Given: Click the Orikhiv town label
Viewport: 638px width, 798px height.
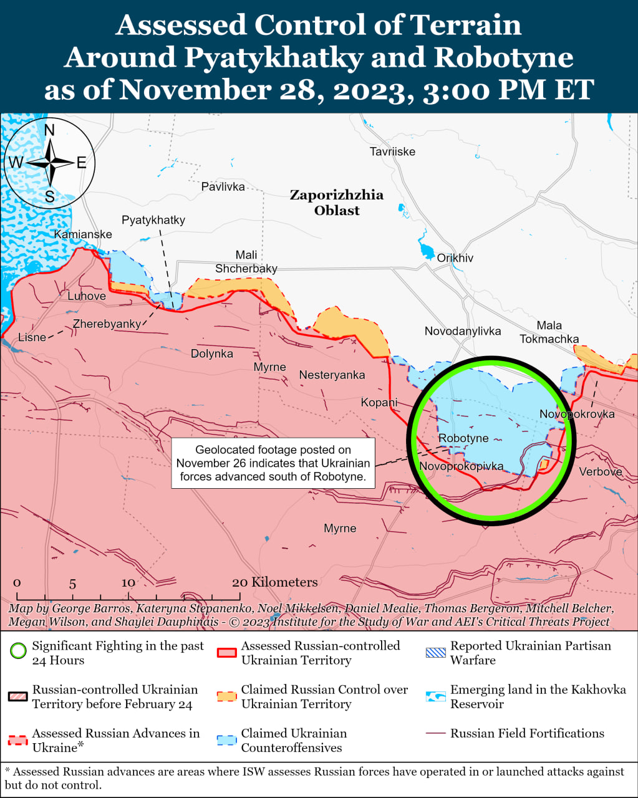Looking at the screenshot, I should coord(455,258).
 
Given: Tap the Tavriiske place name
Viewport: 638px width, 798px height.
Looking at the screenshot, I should coord(392,151).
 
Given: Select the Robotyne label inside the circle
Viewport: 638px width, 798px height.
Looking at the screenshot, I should coord(463,438).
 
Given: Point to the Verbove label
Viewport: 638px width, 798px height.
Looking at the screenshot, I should coord(600,472).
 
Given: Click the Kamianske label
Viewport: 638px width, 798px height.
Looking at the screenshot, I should coord(83,234).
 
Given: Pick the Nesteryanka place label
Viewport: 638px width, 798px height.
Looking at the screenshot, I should coord(332,375).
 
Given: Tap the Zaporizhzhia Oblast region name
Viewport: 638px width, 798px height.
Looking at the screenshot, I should coord(337,203).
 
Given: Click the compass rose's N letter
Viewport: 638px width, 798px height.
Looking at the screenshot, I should coord(49,130).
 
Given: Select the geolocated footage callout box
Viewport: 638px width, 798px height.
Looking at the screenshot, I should coord(273,463).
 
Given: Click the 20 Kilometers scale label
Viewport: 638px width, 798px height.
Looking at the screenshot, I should coord(275,582).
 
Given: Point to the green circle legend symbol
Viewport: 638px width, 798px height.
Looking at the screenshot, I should coord(18,653).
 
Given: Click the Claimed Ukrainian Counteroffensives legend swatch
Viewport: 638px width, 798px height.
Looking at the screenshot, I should coord(226,740).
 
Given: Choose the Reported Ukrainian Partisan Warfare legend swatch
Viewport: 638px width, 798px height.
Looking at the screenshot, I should coord(436,653).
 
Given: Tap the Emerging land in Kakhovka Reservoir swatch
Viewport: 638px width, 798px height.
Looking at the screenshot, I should coord(436,696).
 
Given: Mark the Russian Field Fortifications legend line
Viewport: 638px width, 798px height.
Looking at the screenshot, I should coord(436,734).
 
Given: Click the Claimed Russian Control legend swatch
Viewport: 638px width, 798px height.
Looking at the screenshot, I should coord(226,696).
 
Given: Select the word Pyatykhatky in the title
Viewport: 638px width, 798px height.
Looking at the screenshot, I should coord(273,58).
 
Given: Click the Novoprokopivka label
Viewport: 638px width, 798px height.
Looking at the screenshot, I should coord(461,466).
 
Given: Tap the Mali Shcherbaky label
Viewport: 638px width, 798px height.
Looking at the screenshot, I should coord(246,262).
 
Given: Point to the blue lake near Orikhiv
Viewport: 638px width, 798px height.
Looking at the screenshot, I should coord(427,252).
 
